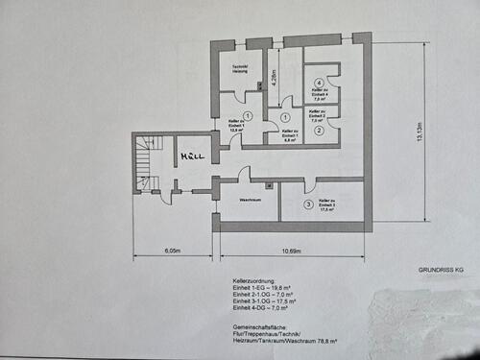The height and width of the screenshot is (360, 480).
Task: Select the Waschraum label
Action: (x=251, y=199)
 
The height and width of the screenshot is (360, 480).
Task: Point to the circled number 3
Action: (x=307, y=204)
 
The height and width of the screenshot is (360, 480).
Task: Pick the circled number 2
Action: (x=318, y=130)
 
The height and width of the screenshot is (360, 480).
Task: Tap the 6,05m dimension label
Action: (x=172, y=252)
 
